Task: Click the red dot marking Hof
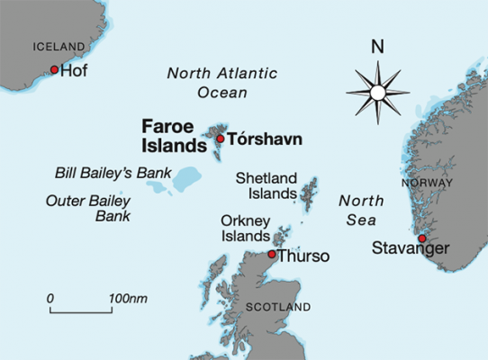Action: tap(54, 70)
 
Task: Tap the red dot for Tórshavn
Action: tap(220, 139)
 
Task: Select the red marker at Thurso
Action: tap(272, 255)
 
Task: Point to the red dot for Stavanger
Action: tap(421, 238)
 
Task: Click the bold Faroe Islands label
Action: tap(174, 135)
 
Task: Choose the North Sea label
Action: tap(358, 211)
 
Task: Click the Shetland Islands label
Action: tap(266, 185)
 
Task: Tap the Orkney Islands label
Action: tap(245, 228)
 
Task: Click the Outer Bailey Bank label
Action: tap(88, 208)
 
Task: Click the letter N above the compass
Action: tap(378, 45)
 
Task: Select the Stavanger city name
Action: tap(410, 248)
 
